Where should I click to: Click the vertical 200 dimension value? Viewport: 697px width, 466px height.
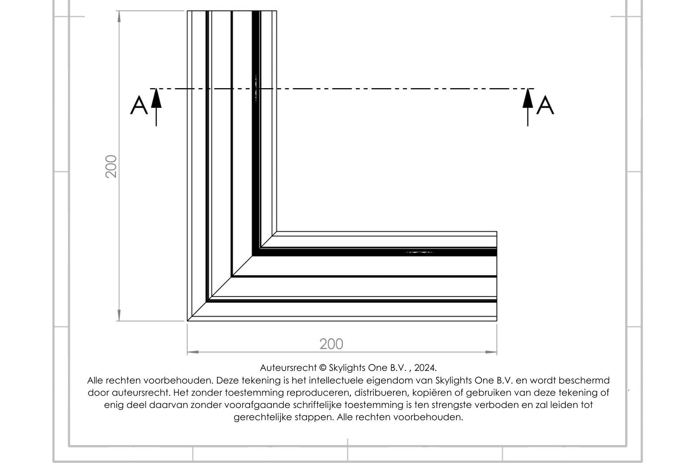111,166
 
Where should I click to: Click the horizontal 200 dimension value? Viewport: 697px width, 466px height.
331,344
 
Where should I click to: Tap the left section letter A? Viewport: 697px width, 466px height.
139,105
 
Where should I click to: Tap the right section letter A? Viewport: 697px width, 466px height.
545,105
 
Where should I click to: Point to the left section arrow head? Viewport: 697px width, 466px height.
156,98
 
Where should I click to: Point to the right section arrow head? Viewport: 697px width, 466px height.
528,98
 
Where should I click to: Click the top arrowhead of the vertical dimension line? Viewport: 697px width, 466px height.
119,17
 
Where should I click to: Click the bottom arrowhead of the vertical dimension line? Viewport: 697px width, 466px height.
119,315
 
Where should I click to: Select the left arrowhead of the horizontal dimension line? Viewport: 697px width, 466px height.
193,352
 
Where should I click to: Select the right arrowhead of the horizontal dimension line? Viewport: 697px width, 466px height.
491,352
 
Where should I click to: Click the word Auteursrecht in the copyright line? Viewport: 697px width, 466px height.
288,368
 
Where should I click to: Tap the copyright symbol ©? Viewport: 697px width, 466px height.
323,368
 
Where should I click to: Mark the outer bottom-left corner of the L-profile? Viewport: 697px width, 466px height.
187,321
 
